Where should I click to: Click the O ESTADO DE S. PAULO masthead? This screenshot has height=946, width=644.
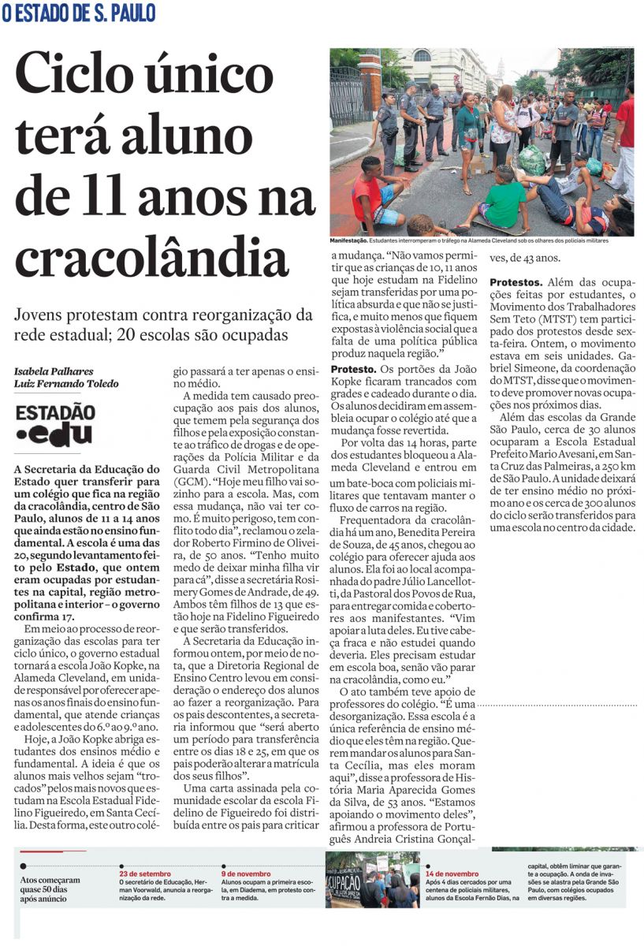(79, 13)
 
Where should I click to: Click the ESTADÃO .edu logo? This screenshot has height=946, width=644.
(55, 425)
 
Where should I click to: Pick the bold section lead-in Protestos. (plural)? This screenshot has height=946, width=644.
(516, 281)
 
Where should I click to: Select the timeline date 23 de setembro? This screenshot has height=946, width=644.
(145, 873)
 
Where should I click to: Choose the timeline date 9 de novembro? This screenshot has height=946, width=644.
(246, 873)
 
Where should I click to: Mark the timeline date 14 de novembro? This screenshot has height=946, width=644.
(452, 873)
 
